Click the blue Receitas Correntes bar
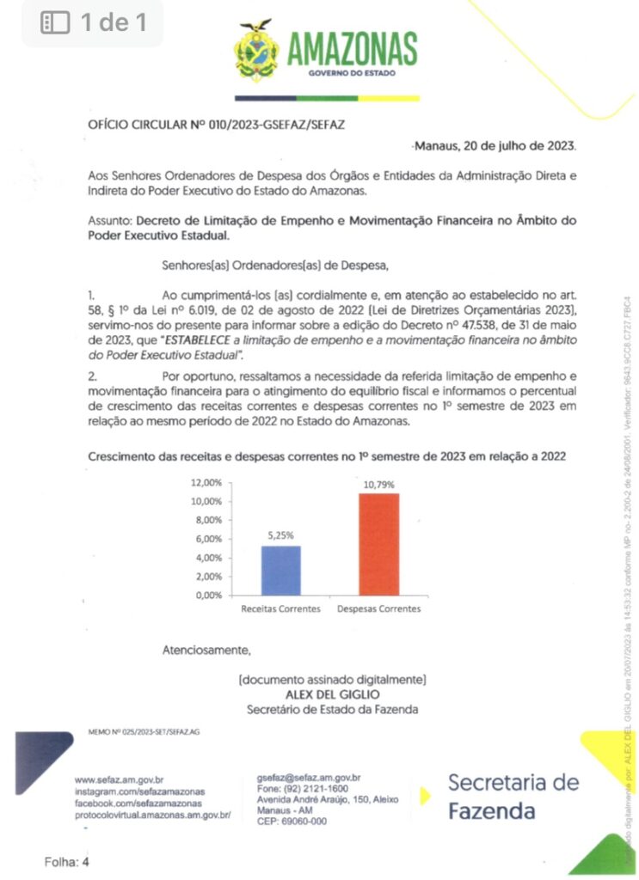click(281, 570)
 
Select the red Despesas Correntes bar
click(378, 543)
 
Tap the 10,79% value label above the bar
click(379, 486)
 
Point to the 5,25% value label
click(281, 536)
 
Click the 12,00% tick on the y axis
click(207, 483)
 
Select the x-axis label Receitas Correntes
click(280, 609)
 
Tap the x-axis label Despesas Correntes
click(379, 609)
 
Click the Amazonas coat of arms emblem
click(256, 51)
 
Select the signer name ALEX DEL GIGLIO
click(332, 694)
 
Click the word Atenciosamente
click(206, 650)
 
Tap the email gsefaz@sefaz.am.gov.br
click(308, 776)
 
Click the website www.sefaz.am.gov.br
click(119, 779)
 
